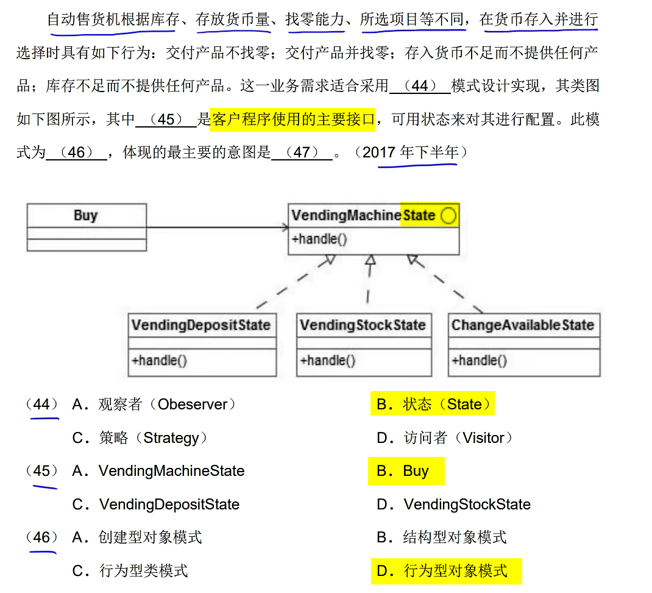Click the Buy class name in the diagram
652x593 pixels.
point(85,215)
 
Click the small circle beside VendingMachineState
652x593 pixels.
point(448,216)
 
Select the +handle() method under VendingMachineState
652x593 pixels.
point(319,239)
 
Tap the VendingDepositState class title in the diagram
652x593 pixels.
point(200,325)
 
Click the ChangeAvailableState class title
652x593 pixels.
point(522,325)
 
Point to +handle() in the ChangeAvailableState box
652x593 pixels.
point(479,360)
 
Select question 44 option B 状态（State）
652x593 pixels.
point(433,404)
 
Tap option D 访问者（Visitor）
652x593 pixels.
point(444,438)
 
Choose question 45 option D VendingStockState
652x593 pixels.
point(453,505)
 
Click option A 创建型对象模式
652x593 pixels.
point(136,537)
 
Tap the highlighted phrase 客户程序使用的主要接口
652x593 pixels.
point(292,119)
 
